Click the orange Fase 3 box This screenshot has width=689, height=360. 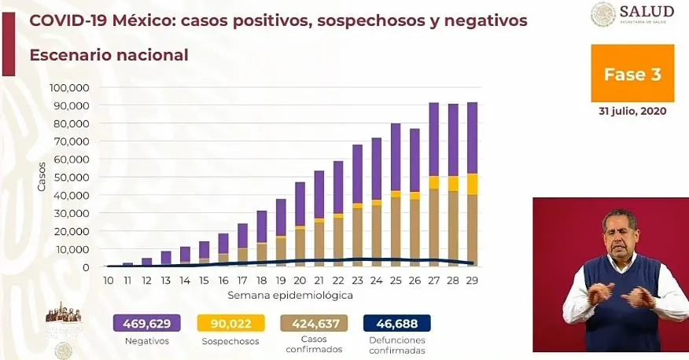[x=632, y=74]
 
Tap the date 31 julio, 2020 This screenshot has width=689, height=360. [x=632, y=112]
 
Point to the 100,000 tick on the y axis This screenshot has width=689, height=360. [x=69, y=87]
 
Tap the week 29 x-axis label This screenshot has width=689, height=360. [x=472, y=280]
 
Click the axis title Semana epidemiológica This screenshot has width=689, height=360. [x=290, y=296]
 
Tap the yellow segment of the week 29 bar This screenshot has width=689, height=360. [x=472, y=184]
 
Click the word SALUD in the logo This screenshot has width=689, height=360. [x=647, y=11]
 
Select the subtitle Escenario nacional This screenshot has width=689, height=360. [x=109, y=55]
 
